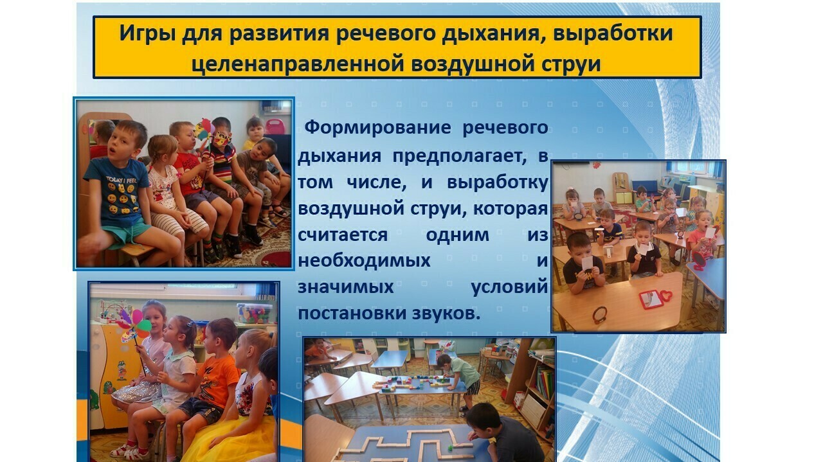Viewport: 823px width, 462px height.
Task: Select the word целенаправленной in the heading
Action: (x=298, y=64)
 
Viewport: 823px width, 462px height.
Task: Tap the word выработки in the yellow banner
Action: (x=613, y=33)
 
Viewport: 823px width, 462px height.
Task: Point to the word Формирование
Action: (x=377, y=127)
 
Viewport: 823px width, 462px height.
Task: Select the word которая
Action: (x=511, y=209)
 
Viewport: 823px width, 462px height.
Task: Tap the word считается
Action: (x=343, y=235)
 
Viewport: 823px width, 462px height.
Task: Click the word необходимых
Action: (x=364, y=261)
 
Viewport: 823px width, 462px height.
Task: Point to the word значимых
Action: (x=345, y=287)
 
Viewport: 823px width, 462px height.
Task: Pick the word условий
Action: (x=510, y=287)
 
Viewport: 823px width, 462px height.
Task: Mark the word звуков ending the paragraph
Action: (x=446, y=314)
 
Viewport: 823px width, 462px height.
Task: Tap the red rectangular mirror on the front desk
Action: (x=650, y=299)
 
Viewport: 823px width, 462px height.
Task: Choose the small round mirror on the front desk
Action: (x=599, y=315)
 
